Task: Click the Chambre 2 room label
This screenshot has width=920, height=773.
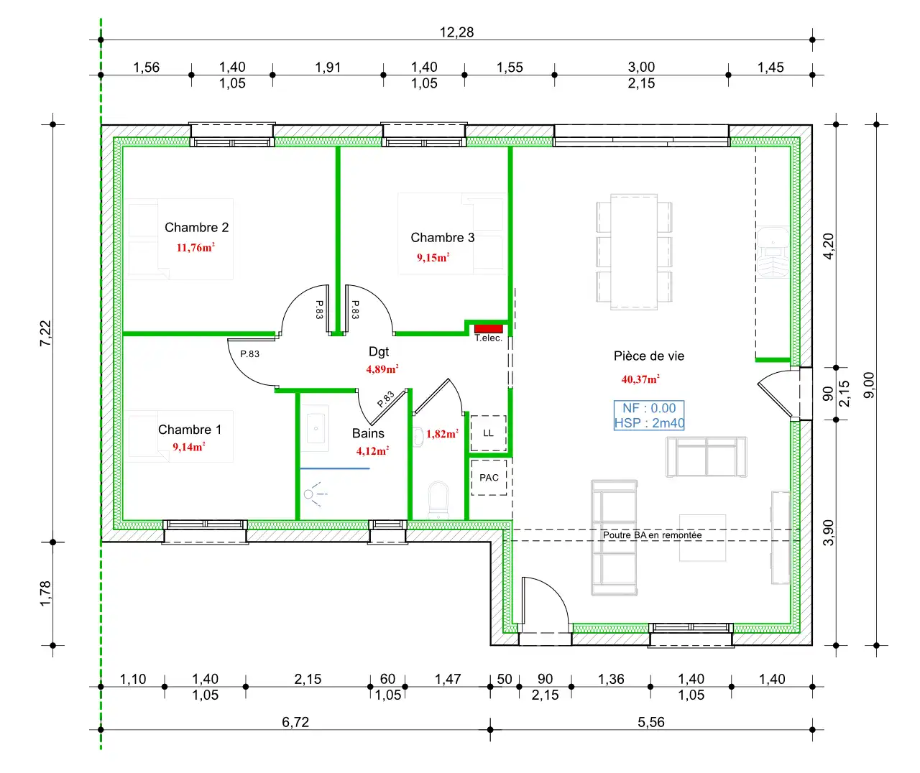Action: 196,227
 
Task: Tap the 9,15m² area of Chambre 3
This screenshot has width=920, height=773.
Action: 433,257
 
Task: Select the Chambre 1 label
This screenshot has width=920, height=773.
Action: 190,430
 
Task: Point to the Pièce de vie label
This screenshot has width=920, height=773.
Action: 648,356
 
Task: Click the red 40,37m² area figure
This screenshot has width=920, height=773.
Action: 640,379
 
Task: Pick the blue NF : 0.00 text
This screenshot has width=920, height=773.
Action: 648,408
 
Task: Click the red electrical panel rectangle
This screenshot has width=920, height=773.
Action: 488,328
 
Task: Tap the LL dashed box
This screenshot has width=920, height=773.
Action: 488,433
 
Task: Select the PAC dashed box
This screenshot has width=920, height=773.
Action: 489,478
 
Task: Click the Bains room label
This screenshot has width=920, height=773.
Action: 368,433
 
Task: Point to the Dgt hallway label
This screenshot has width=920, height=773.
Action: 379,351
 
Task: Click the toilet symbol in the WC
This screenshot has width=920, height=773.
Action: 438,500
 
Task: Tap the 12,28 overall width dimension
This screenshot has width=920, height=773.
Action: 456,32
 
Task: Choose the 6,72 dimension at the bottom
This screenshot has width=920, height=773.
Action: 295,722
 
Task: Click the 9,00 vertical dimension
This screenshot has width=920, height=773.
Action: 868,385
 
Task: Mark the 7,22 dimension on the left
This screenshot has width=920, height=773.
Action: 45,333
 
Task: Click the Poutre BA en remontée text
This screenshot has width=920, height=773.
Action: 652,534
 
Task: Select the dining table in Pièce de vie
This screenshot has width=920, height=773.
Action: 634,252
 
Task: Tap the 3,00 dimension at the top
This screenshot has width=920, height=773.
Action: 641,67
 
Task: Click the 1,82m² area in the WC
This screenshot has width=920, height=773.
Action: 442,434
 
